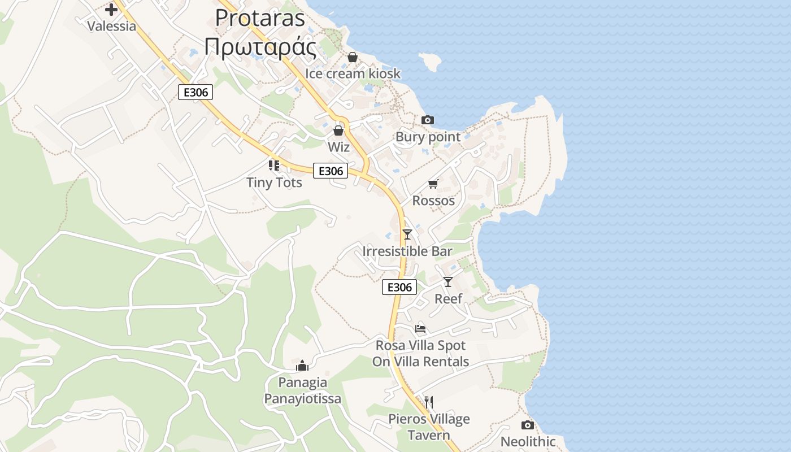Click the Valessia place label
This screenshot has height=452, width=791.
111,26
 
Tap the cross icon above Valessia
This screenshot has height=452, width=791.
111,9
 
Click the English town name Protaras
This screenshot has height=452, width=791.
260,18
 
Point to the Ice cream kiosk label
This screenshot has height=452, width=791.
353,73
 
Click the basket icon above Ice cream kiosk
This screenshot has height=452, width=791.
353,57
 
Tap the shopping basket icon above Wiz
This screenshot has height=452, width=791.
338,131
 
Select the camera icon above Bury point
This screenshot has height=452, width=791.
428,120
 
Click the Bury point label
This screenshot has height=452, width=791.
428,137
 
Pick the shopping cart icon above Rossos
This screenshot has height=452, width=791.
433,184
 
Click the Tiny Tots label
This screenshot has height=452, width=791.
274,182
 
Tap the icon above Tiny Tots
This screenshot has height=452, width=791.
274,166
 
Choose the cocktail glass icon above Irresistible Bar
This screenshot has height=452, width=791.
407,234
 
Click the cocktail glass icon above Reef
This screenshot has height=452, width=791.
448,281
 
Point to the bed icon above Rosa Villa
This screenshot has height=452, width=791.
420,328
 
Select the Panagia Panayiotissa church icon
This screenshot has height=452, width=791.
302,366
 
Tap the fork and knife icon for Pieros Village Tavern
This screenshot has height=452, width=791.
429,402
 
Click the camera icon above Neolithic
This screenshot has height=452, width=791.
528,425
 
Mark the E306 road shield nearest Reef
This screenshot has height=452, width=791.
399,287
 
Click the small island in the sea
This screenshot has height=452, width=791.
430,62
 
